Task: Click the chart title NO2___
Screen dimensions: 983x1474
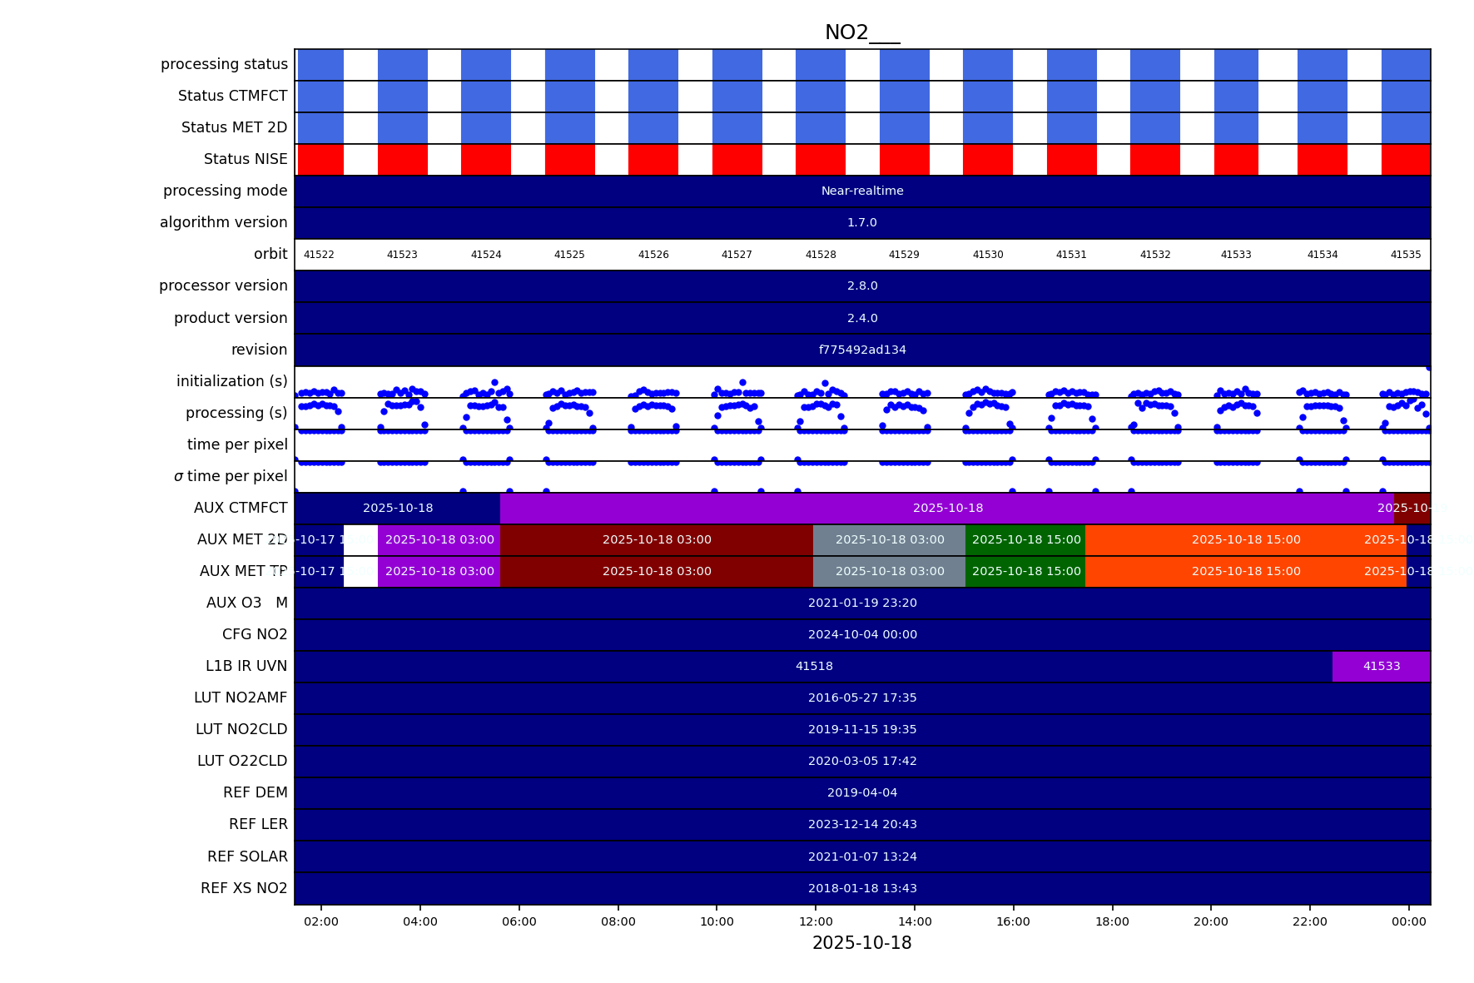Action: tap(861, 32)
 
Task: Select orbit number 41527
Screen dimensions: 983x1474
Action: tap(737, 255)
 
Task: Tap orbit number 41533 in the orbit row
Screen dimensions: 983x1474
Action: tap(1236, 255)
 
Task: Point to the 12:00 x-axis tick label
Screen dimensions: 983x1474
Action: tap(816, 921)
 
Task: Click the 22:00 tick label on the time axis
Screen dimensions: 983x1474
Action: tap(1309, 921)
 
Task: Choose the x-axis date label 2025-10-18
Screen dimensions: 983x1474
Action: tap(861, 943)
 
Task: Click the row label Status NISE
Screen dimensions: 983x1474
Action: tap(246, 159)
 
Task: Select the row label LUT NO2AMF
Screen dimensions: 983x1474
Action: tap(241, 698)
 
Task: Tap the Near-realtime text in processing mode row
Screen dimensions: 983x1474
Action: tap(862, 191)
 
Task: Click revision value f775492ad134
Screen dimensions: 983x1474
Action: tap(862, 350)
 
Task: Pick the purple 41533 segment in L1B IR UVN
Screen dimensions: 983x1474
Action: tap(1381, 666)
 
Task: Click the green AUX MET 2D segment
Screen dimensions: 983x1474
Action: tap(1025, 539)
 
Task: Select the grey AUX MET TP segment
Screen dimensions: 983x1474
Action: tap(889, 571)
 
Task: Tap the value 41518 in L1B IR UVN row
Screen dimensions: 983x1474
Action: tap(814, 666)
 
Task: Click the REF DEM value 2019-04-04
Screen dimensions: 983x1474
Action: tap(862, 792)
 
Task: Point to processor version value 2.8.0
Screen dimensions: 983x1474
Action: tap(862, 285)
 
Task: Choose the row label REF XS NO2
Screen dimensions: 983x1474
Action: tap(244, 888)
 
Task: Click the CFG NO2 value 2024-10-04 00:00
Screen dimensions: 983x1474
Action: tap(862, 634)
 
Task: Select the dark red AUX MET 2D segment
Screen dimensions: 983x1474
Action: tap(657, 539)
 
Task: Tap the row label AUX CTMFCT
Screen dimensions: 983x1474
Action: tap(241, 508)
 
